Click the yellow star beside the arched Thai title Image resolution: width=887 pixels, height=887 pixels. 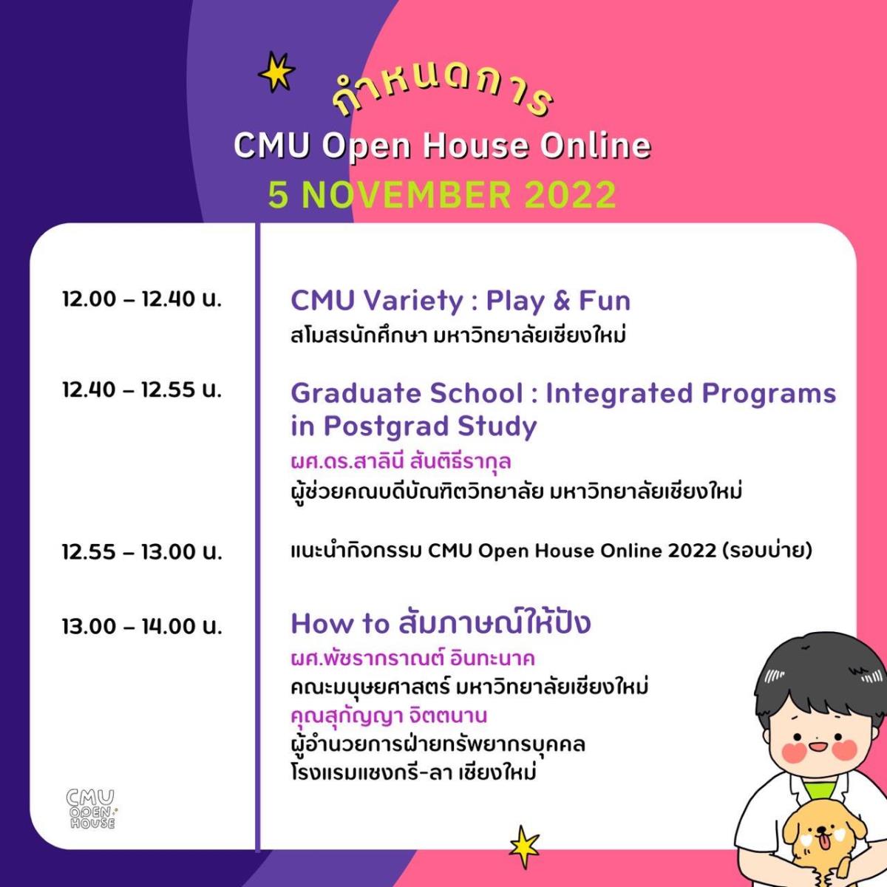(x=276, y=72)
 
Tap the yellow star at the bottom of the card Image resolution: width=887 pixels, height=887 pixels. (x=524, y=847)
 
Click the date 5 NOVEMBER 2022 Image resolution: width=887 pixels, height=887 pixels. (x=442, y=194)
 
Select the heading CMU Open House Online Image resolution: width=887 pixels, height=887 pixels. (x=442, y=146)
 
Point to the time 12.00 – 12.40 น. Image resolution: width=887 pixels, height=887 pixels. (x=142, y=299)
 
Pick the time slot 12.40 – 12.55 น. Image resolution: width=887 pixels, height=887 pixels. (x=142, y=390)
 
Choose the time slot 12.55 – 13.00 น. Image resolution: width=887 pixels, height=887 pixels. (x=142, y=551)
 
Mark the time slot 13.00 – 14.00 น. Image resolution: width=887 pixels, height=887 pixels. (x=142, y=626)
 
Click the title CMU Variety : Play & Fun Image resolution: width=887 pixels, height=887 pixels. (x=461, y=301)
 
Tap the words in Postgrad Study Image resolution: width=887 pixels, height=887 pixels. (x=414, y=426)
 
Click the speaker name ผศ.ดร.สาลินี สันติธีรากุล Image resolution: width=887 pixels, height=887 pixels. (x=401, y=461)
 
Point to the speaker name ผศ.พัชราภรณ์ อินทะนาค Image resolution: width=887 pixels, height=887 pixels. (x=413, y=659)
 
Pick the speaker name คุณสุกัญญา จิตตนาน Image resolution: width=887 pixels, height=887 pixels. (x=389, y=716)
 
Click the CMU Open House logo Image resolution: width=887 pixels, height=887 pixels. (x=91, y=809)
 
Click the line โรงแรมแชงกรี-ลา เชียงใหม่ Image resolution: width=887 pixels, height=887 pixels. (x=414, y=772)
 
